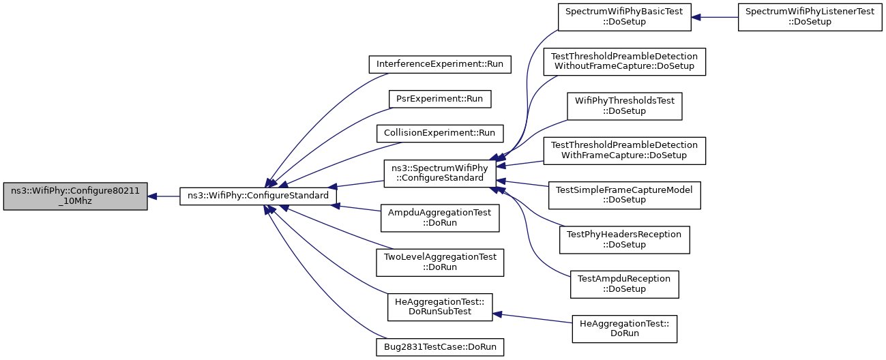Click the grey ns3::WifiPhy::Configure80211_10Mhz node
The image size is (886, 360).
(76, 196)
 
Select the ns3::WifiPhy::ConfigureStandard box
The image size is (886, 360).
(258, 196)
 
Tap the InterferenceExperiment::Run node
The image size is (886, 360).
(440, 65)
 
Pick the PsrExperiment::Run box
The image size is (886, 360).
(440, 99)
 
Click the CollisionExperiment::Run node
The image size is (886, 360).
(440, 134)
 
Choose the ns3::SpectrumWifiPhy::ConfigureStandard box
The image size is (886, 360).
(440, 174)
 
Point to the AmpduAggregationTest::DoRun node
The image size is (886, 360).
(440, 218)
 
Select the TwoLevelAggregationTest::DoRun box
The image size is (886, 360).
(440, 262)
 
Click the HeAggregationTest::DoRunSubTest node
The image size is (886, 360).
(440, 307)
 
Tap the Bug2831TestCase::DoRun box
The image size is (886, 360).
(440, 347)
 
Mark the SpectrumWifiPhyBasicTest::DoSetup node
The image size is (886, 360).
(625, 17)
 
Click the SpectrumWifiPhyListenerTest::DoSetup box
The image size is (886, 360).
(810, 17)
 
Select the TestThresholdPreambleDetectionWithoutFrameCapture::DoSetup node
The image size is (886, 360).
(625, 62)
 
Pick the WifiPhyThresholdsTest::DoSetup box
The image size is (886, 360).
(625, 106)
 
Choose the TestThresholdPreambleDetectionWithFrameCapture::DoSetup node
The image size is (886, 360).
(625, 151)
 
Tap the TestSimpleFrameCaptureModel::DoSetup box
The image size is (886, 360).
(625, 196)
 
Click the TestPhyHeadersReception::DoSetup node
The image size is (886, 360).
(625, 240)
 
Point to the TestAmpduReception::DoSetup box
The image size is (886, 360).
(625, 284)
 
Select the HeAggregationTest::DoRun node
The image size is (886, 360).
(625, 329)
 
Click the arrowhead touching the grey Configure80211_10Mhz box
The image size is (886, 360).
(152, 196)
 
